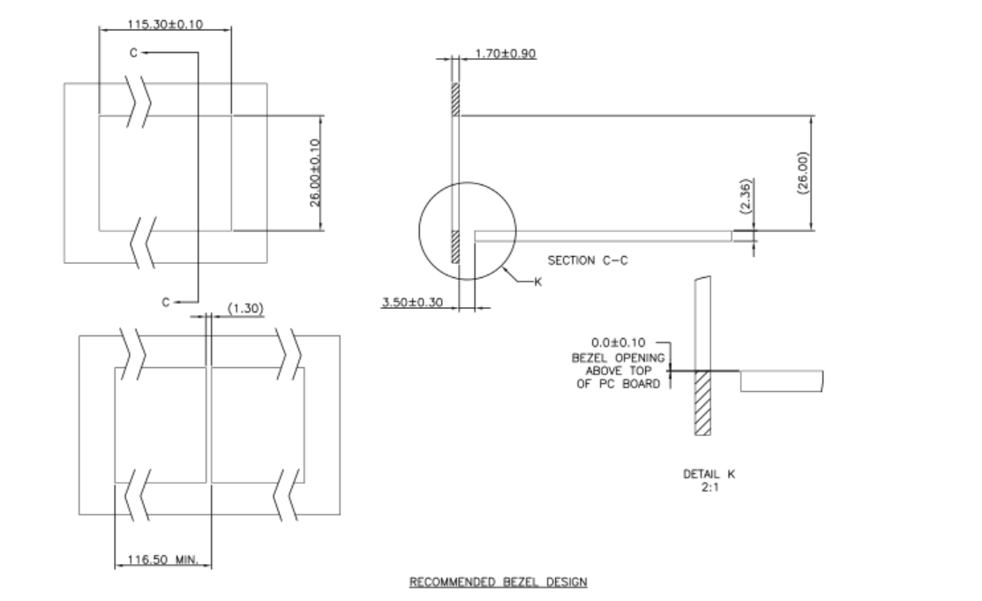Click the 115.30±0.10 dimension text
click(166, 24)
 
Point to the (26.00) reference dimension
click(802, 172)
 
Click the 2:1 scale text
click(708, 485)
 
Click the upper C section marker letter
click(133, 53)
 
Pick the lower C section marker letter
click(165, 303)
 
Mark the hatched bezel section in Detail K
click(702, 402)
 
